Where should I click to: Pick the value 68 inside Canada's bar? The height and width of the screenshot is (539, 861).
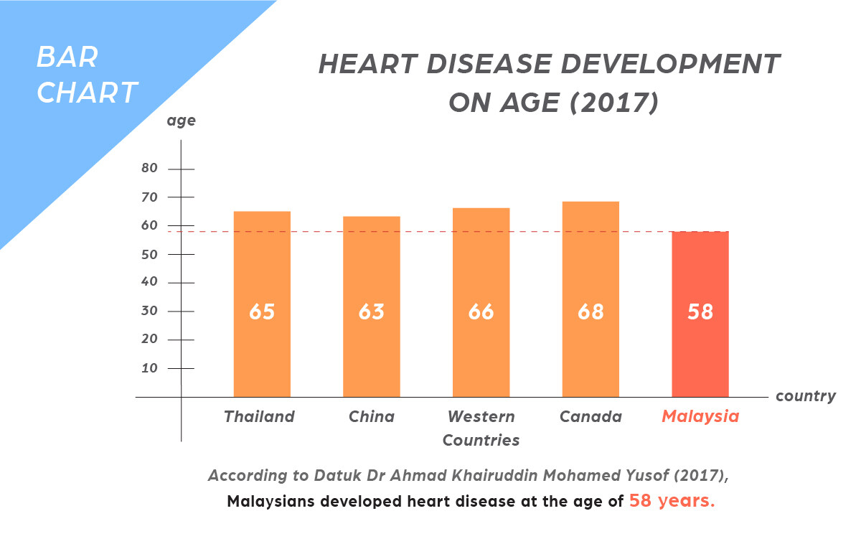[x=591, y=312]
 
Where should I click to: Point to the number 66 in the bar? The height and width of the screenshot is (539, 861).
[x=481, y=312]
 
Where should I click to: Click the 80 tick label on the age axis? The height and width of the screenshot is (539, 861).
[x=149, y=169]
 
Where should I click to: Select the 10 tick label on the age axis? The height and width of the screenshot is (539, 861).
[x=149, y=368]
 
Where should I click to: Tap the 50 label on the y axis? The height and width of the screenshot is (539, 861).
[x=149, y=254]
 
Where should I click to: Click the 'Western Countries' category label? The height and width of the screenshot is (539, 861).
[x=481, y=428]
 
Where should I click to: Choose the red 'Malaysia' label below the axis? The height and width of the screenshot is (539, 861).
[x=700, y=416]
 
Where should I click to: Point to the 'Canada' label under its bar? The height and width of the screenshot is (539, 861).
[x=591, y=416]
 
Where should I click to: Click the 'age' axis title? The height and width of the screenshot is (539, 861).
[x=181, y=121]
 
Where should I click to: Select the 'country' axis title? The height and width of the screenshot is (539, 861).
[x=806, y=396]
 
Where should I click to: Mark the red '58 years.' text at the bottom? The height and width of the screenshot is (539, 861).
[x=672, y=501]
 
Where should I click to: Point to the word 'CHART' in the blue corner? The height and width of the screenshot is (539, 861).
[x=87, y=93]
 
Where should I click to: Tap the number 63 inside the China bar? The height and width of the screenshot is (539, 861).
[x=372, y=312]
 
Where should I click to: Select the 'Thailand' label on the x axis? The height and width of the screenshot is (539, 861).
[x=259, y=416]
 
